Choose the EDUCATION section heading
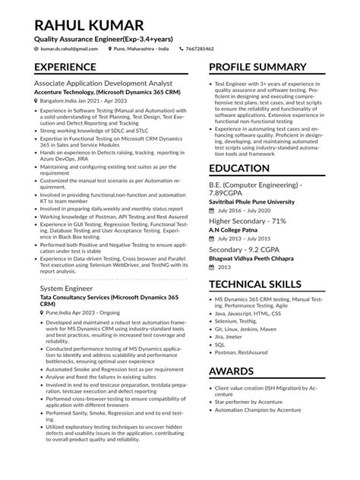click(x=245, y=168)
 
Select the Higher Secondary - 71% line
click(x=248, y=220)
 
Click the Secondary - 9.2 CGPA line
click(x=245, y=248)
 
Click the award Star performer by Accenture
click(x=251, y=400)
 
